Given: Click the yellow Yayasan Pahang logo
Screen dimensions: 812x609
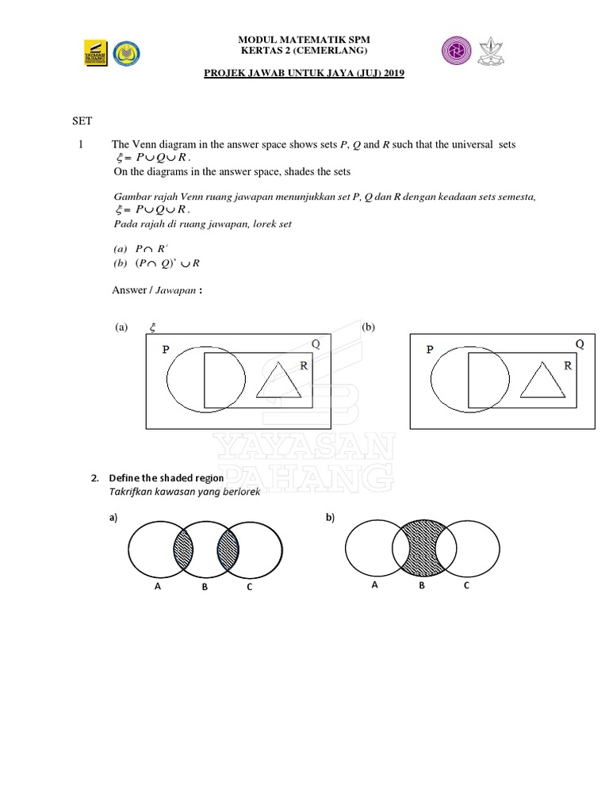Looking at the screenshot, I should (x=96, y=52).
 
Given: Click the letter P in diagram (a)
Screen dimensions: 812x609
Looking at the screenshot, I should (x=166, y=349).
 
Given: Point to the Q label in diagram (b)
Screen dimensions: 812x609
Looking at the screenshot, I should (x=579, y=344).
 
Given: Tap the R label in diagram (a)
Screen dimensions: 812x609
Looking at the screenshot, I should (x=303, y=366).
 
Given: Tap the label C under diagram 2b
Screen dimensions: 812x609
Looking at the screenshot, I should (x=466, y=585).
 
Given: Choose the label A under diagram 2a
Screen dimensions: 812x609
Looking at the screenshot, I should (x=158, y=588).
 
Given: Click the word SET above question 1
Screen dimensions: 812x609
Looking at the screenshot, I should (x=82, y=121).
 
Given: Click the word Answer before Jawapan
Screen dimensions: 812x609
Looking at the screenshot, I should (x=128, y=291).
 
